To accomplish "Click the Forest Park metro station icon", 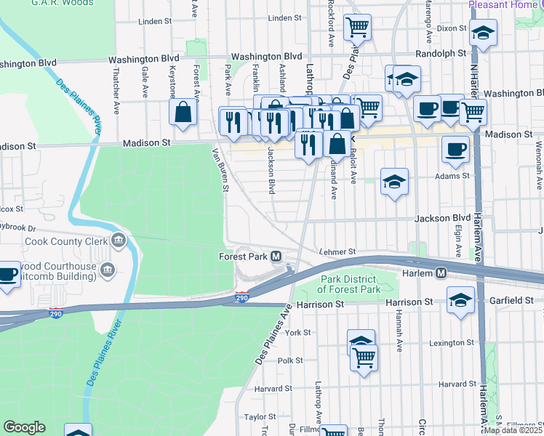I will (x=276, y=257).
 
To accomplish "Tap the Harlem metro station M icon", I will (x=441, y=272).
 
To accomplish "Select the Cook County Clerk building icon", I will (x=119, y=241).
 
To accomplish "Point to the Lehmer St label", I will (x=337, y=251).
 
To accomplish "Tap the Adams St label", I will (x=452, y=176).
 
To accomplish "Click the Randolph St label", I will (x=441, y=54).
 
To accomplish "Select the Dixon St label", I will (x=452, y=28).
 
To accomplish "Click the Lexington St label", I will (x=452, y=342).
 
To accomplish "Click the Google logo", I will (x=25, y=427).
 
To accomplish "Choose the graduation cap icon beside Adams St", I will (x=394, y=182).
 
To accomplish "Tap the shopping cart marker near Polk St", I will (x=364, y=357).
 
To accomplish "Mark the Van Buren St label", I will (x=220, y=170).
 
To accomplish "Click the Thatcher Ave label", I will (x=116, y=92).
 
